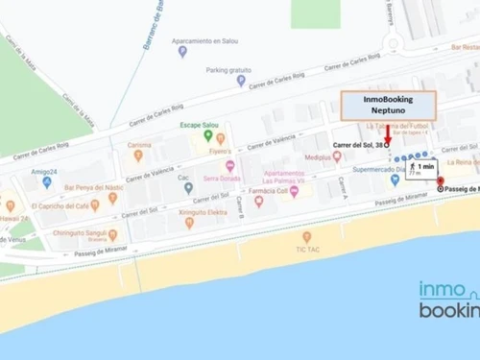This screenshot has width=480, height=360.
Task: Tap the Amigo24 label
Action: click(x=43, y=170)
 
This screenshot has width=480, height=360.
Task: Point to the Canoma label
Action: click(x=138, y=146)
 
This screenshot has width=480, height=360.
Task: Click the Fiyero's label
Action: click(x=220, y=152)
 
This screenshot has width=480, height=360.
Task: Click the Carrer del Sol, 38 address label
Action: click(x=358, y=144)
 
